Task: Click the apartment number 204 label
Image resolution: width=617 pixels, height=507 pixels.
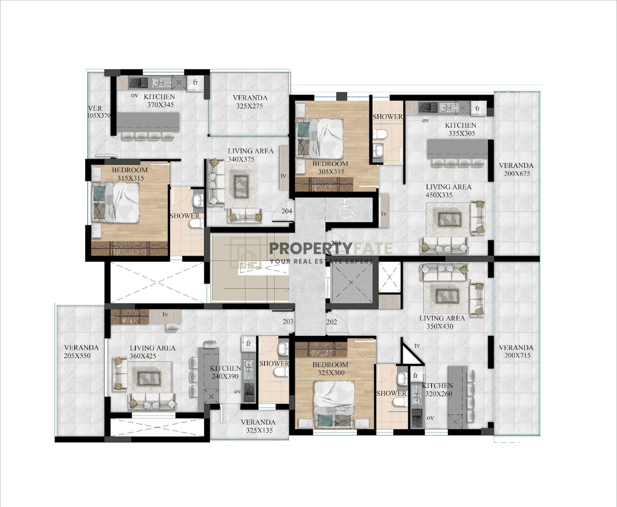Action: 287,211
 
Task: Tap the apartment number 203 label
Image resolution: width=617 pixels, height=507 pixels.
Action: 288,321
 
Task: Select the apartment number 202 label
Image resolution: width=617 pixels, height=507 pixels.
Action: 332,321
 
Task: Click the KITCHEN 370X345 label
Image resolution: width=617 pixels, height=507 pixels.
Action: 160,101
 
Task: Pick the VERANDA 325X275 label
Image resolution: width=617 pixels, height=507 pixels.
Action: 250,102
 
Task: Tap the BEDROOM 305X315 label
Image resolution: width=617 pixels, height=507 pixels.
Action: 331,168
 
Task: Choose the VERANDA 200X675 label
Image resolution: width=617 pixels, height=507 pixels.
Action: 516,170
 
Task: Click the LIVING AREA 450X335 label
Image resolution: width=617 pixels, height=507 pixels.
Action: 449,191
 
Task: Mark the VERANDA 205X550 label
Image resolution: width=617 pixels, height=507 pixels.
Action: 81,352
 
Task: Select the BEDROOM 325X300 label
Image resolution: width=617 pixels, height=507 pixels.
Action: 330,369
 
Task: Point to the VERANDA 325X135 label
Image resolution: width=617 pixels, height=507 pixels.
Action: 258,426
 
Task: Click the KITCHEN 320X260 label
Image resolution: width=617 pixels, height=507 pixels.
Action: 438,389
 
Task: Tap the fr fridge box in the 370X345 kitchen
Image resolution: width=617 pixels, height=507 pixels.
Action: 195,83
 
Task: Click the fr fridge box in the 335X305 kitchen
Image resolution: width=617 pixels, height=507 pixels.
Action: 478,108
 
